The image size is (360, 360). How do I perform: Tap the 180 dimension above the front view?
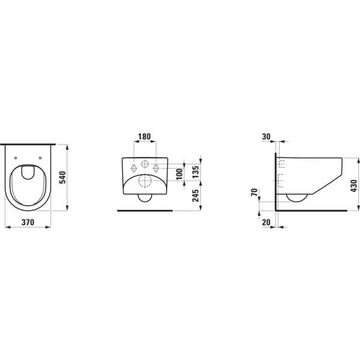pos(144,136)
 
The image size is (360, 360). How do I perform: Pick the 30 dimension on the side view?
pos(266,136)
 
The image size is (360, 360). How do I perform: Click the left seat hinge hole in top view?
pos(15,157)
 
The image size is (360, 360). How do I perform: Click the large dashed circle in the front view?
pos(144,182)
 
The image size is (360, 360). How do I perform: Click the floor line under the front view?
pos(144,211)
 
